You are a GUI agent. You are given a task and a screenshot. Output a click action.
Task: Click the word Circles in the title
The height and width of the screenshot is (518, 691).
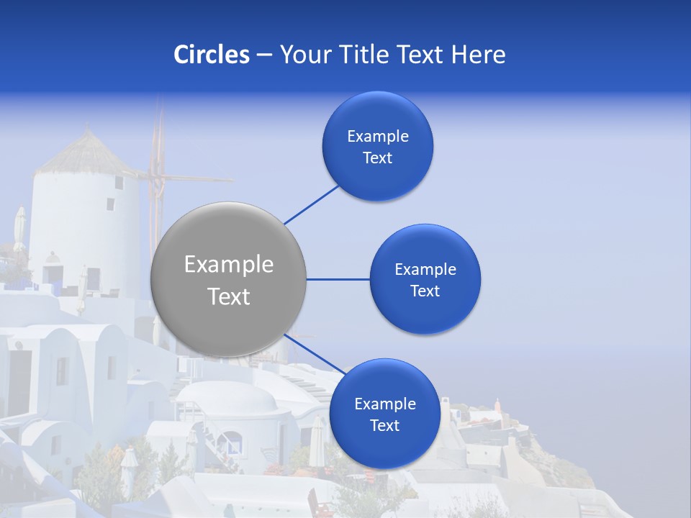tap(211, 55)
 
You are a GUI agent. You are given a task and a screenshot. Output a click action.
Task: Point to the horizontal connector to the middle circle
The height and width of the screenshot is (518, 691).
tap(338, 279)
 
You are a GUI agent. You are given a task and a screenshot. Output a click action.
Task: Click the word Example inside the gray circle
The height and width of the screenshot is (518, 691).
tap(229, 265)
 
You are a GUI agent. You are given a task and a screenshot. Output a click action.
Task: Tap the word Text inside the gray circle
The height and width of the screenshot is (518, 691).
tap(229, 296)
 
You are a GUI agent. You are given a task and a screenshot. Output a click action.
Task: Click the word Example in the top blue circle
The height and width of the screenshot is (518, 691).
tap(378, 137)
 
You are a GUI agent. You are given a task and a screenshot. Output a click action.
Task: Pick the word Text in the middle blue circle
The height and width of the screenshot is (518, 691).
tap(425, 291)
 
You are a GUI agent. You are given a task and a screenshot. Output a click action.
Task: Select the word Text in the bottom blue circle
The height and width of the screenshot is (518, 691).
tap(384, 426)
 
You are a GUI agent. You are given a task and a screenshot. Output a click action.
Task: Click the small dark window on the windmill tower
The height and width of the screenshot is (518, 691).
tap(119, 183)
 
